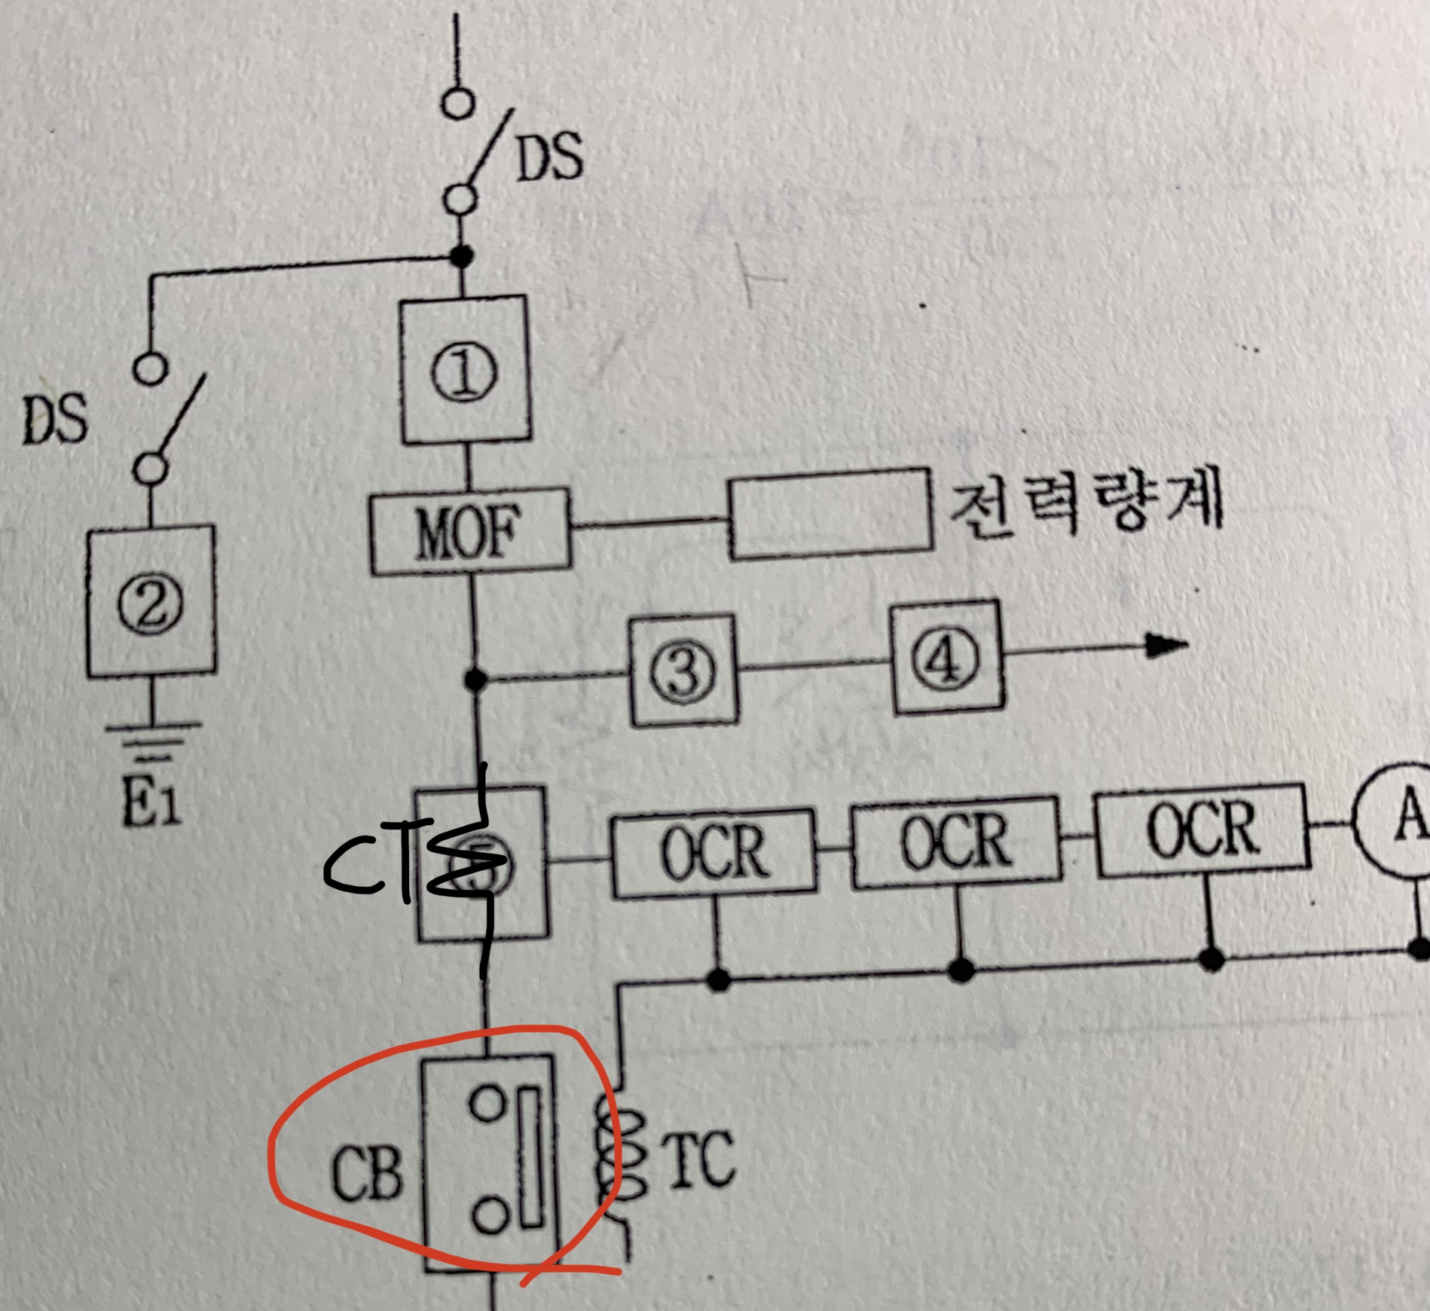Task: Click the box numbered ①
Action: pyautogui.click(x=464, y=371)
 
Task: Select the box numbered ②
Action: pyautogui.click(x=150, y=601)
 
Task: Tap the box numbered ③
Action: pyautogui.click(x=683, y=670)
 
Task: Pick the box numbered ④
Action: pyautogui.click(x=947, y=658)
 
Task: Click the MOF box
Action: pyautogui.click(x=469, y=532)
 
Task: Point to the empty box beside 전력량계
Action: pyautogui.click(x=829, y=514)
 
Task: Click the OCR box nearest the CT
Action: pyautogui.click(x=713, y=853)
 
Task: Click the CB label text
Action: pyautogui.click(x=367, y=1174)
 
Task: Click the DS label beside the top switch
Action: pyautogui.click(x=549, y=156)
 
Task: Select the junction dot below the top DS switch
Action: pyautogui.click(x=461, y=255)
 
